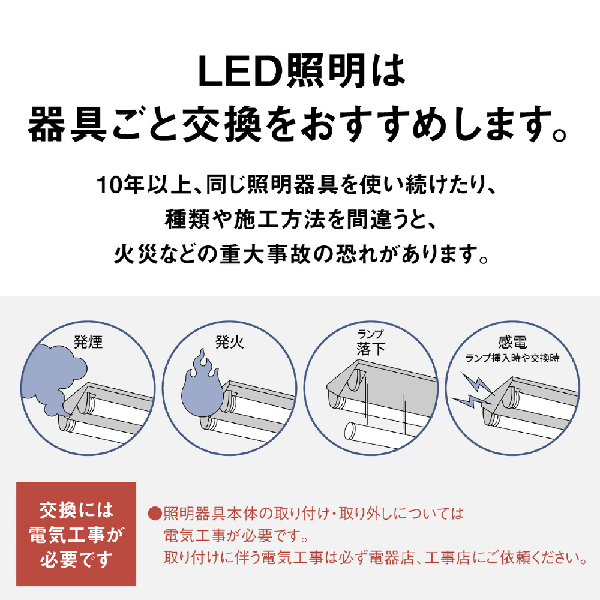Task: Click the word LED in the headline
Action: [x=241, y=71]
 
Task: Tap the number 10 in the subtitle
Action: [x=107, y=185]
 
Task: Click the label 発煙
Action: [x=88, y=342]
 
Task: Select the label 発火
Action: [x=230, y=342]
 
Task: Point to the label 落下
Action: [x=371, y=349]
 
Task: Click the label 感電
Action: [x=512, y=342]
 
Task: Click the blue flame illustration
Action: [x=200, y=385]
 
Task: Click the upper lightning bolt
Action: [x=476, y=384]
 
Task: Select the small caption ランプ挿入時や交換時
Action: [x=512, y=358]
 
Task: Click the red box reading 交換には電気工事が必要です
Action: [x=76, y=534]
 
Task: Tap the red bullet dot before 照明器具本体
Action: [x=155, y=514]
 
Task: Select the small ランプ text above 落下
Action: [x=370, y=334]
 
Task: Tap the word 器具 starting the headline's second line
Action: [x=67, y=124]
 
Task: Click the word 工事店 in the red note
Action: [x=448, y=558]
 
